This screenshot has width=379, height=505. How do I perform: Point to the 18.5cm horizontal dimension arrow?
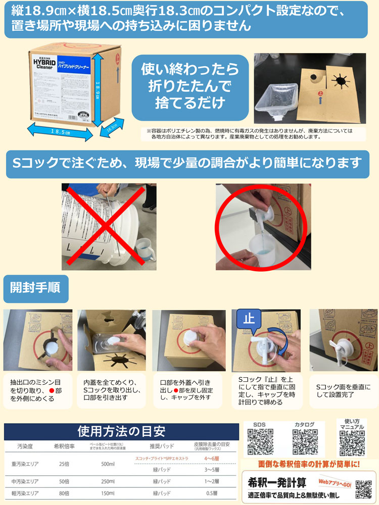click(x=60, y=131)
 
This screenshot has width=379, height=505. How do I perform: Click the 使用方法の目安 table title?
click(x=121, y=431)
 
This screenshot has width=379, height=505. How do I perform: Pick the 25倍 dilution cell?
click(x=64, y=464)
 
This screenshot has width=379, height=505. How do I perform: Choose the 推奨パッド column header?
click(x=161, y=446)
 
